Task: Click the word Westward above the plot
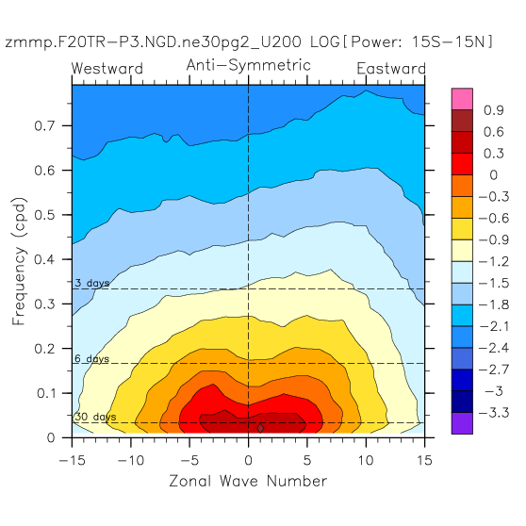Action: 107,69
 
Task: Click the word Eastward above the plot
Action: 391,69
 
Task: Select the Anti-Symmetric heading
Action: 249,65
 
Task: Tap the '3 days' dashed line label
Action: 92,283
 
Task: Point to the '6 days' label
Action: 92,358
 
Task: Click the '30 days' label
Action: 95,417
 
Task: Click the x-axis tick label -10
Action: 131,460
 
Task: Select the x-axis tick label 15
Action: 424,460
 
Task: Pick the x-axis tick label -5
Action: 189,460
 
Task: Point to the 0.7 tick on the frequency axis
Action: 44,125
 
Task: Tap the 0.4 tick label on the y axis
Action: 44,259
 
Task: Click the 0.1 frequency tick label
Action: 45,393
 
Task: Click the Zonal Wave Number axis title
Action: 248,481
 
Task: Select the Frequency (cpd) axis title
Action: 19,261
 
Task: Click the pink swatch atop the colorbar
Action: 462,99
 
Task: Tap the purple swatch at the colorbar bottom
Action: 462,423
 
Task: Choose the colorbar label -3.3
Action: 494,413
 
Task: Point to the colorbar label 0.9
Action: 493,110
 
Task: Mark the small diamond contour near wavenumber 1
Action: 261,428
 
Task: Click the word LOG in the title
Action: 324,41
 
